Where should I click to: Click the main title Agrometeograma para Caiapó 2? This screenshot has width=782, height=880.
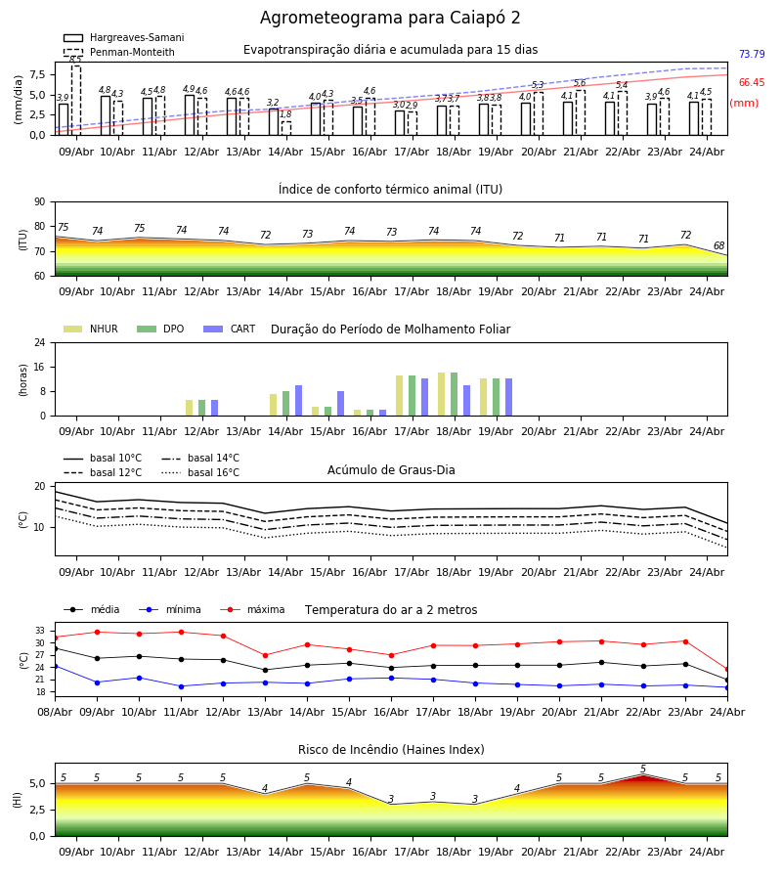click(390, 18)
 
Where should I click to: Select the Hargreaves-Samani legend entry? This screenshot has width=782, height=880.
click(123, 37)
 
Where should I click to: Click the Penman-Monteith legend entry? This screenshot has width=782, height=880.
click(119, 52)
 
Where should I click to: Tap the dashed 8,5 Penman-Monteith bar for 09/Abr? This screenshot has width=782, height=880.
click(75, 101)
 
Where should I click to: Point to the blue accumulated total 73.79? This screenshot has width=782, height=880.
click(752, 55)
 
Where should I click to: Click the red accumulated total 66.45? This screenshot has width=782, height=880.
click(752, 82)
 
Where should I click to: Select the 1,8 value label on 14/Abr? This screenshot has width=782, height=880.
click(285, 114)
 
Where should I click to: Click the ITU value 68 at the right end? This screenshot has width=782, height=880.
click(718, 245)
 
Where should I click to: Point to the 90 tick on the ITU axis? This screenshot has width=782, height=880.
click(40, 202)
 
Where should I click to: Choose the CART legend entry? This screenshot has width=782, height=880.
click(230, 329)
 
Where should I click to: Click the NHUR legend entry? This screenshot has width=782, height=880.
click(91, 329)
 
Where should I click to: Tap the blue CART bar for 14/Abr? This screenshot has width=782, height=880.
click(298, 401)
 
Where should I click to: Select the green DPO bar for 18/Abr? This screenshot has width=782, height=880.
click(454, 395)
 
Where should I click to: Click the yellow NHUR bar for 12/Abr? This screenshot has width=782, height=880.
click(189, 408)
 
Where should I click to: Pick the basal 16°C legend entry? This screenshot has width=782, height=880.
click(200, 472)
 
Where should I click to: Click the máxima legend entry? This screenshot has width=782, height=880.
click(252, 609)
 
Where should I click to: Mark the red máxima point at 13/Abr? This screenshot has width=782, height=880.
click(265, 655)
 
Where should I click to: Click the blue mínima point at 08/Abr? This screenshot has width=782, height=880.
click(55, 666)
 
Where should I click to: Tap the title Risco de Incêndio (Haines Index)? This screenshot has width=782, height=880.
click(391, 750)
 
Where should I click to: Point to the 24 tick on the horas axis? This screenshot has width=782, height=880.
click(40, 343)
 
